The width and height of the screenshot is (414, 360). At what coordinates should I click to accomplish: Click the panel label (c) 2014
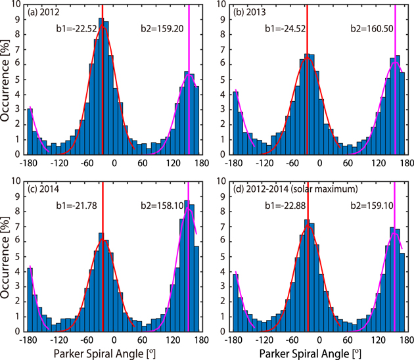pyautogui.click(x=49, y=187)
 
